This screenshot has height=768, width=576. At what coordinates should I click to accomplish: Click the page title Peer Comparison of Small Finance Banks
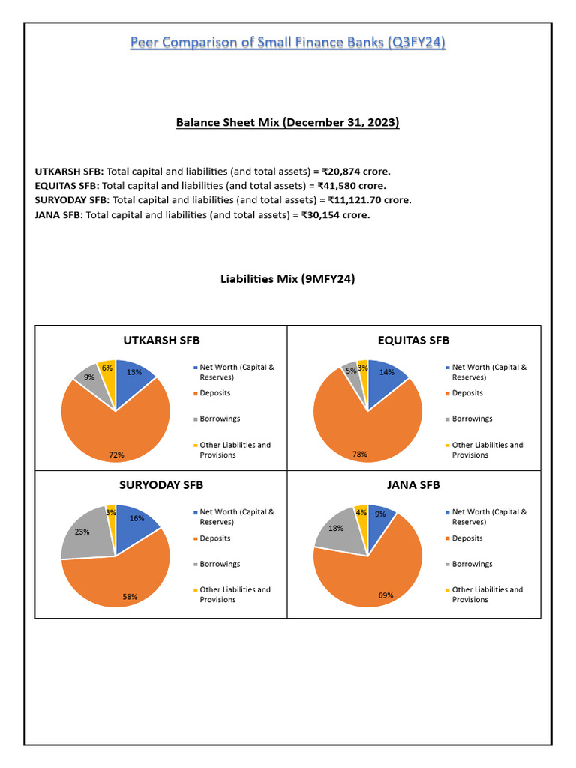pyautogui.click(x=288, y=43)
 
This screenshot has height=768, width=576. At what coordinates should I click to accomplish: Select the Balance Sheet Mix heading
pyautogui.click(x=287, y=122)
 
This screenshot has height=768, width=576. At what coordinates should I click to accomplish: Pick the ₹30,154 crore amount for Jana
pyautogui.click(x=336, y=215)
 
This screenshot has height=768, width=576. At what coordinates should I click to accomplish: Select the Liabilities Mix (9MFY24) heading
pyautogui.click(x=287, y=279)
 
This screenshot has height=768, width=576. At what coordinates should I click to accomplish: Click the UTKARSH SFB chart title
pyautogui.click(x=161, y=340)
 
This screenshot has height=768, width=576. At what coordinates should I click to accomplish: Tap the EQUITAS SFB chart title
pyautogui.click(x=413, y=340)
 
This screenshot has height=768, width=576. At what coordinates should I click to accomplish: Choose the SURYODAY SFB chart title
pyautogui.click(x=161, y=484)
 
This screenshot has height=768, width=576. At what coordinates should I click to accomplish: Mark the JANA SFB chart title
pyautogui.click(x=413, y=484)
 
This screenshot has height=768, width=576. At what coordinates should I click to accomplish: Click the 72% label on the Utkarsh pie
pyautogui.click(x=116, y=454)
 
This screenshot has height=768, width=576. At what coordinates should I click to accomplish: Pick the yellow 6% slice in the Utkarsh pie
pyautogui.click(x=107, y=370)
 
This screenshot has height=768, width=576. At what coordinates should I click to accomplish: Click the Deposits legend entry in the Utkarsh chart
pyautogui.click(x=214, y=393)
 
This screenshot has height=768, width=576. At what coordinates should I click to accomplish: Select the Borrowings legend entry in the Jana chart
pyautogui.click(x=472, y=564)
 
